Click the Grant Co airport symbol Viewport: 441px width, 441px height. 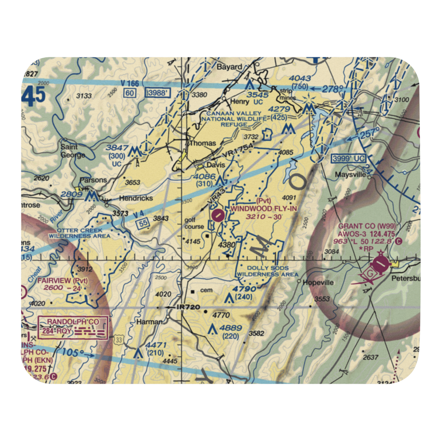pyautogui.click(x=379, y=265)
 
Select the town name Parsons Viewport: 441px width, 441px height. pyautogui.click(x=93, y=180)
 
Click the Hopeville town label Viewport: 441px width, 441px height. pyautogui.click(x=318, y=282)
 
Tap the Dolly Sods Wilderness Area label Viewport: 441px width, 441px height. pyautogui.click(x=268, y=271)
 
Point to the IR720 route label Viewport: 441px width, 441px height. pyautogui.click(x=189, y=306)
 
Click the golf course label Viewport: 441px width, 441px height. pyautogui.click(x=194, y=223)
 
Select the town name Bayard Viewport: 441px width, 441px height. pyautogui.click(x=230, y=67)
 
